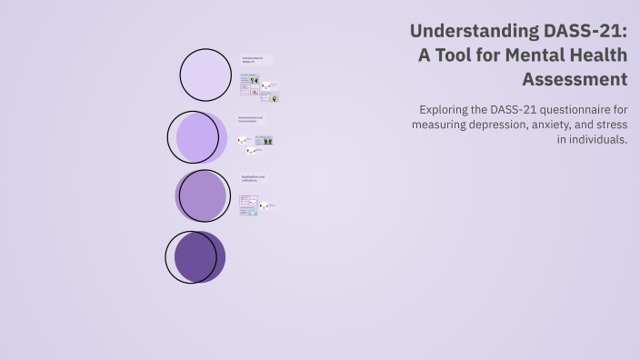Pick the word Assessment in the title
[575, 79]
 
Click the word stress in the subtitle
[611, 125]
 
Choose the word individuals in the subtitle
[597, 140]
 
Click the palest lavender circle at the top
[205, 75]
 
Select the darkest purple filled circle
[198, 256]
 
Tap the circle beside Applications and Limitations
[202, 195]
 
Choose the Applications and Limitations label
[254, 178]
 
